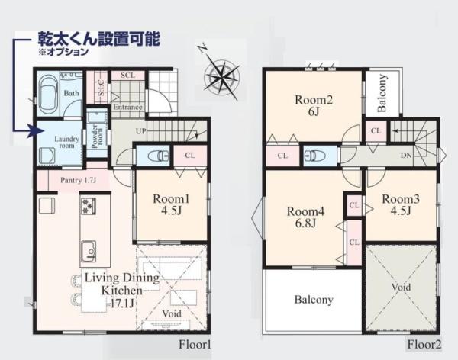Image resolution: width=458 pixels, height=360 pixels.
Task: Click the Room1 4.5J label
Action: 170,205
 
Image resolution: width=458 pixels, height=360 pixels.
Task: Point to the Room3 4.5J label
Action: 401,204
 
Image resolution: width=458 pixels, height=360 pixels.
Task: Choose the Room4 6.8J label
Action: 304,217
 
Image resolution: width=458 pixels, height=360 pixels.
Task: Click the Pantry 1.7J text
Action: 77,180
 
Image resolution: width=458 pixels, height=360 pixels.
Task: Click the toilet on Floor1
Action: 159,156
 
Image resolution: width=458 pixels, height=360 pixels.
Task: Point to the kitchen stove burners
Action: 87,206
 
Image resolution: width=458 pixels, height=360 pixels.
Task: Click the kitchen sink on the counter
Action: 88,249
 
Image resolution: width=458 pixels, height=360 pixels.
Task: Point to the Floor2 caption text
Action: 425,345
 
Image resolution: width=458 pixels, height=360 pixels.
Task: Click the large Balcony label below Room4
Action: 314,300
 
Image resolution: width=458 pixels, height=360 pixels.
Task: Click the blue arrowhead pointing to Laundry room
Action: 32,131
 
